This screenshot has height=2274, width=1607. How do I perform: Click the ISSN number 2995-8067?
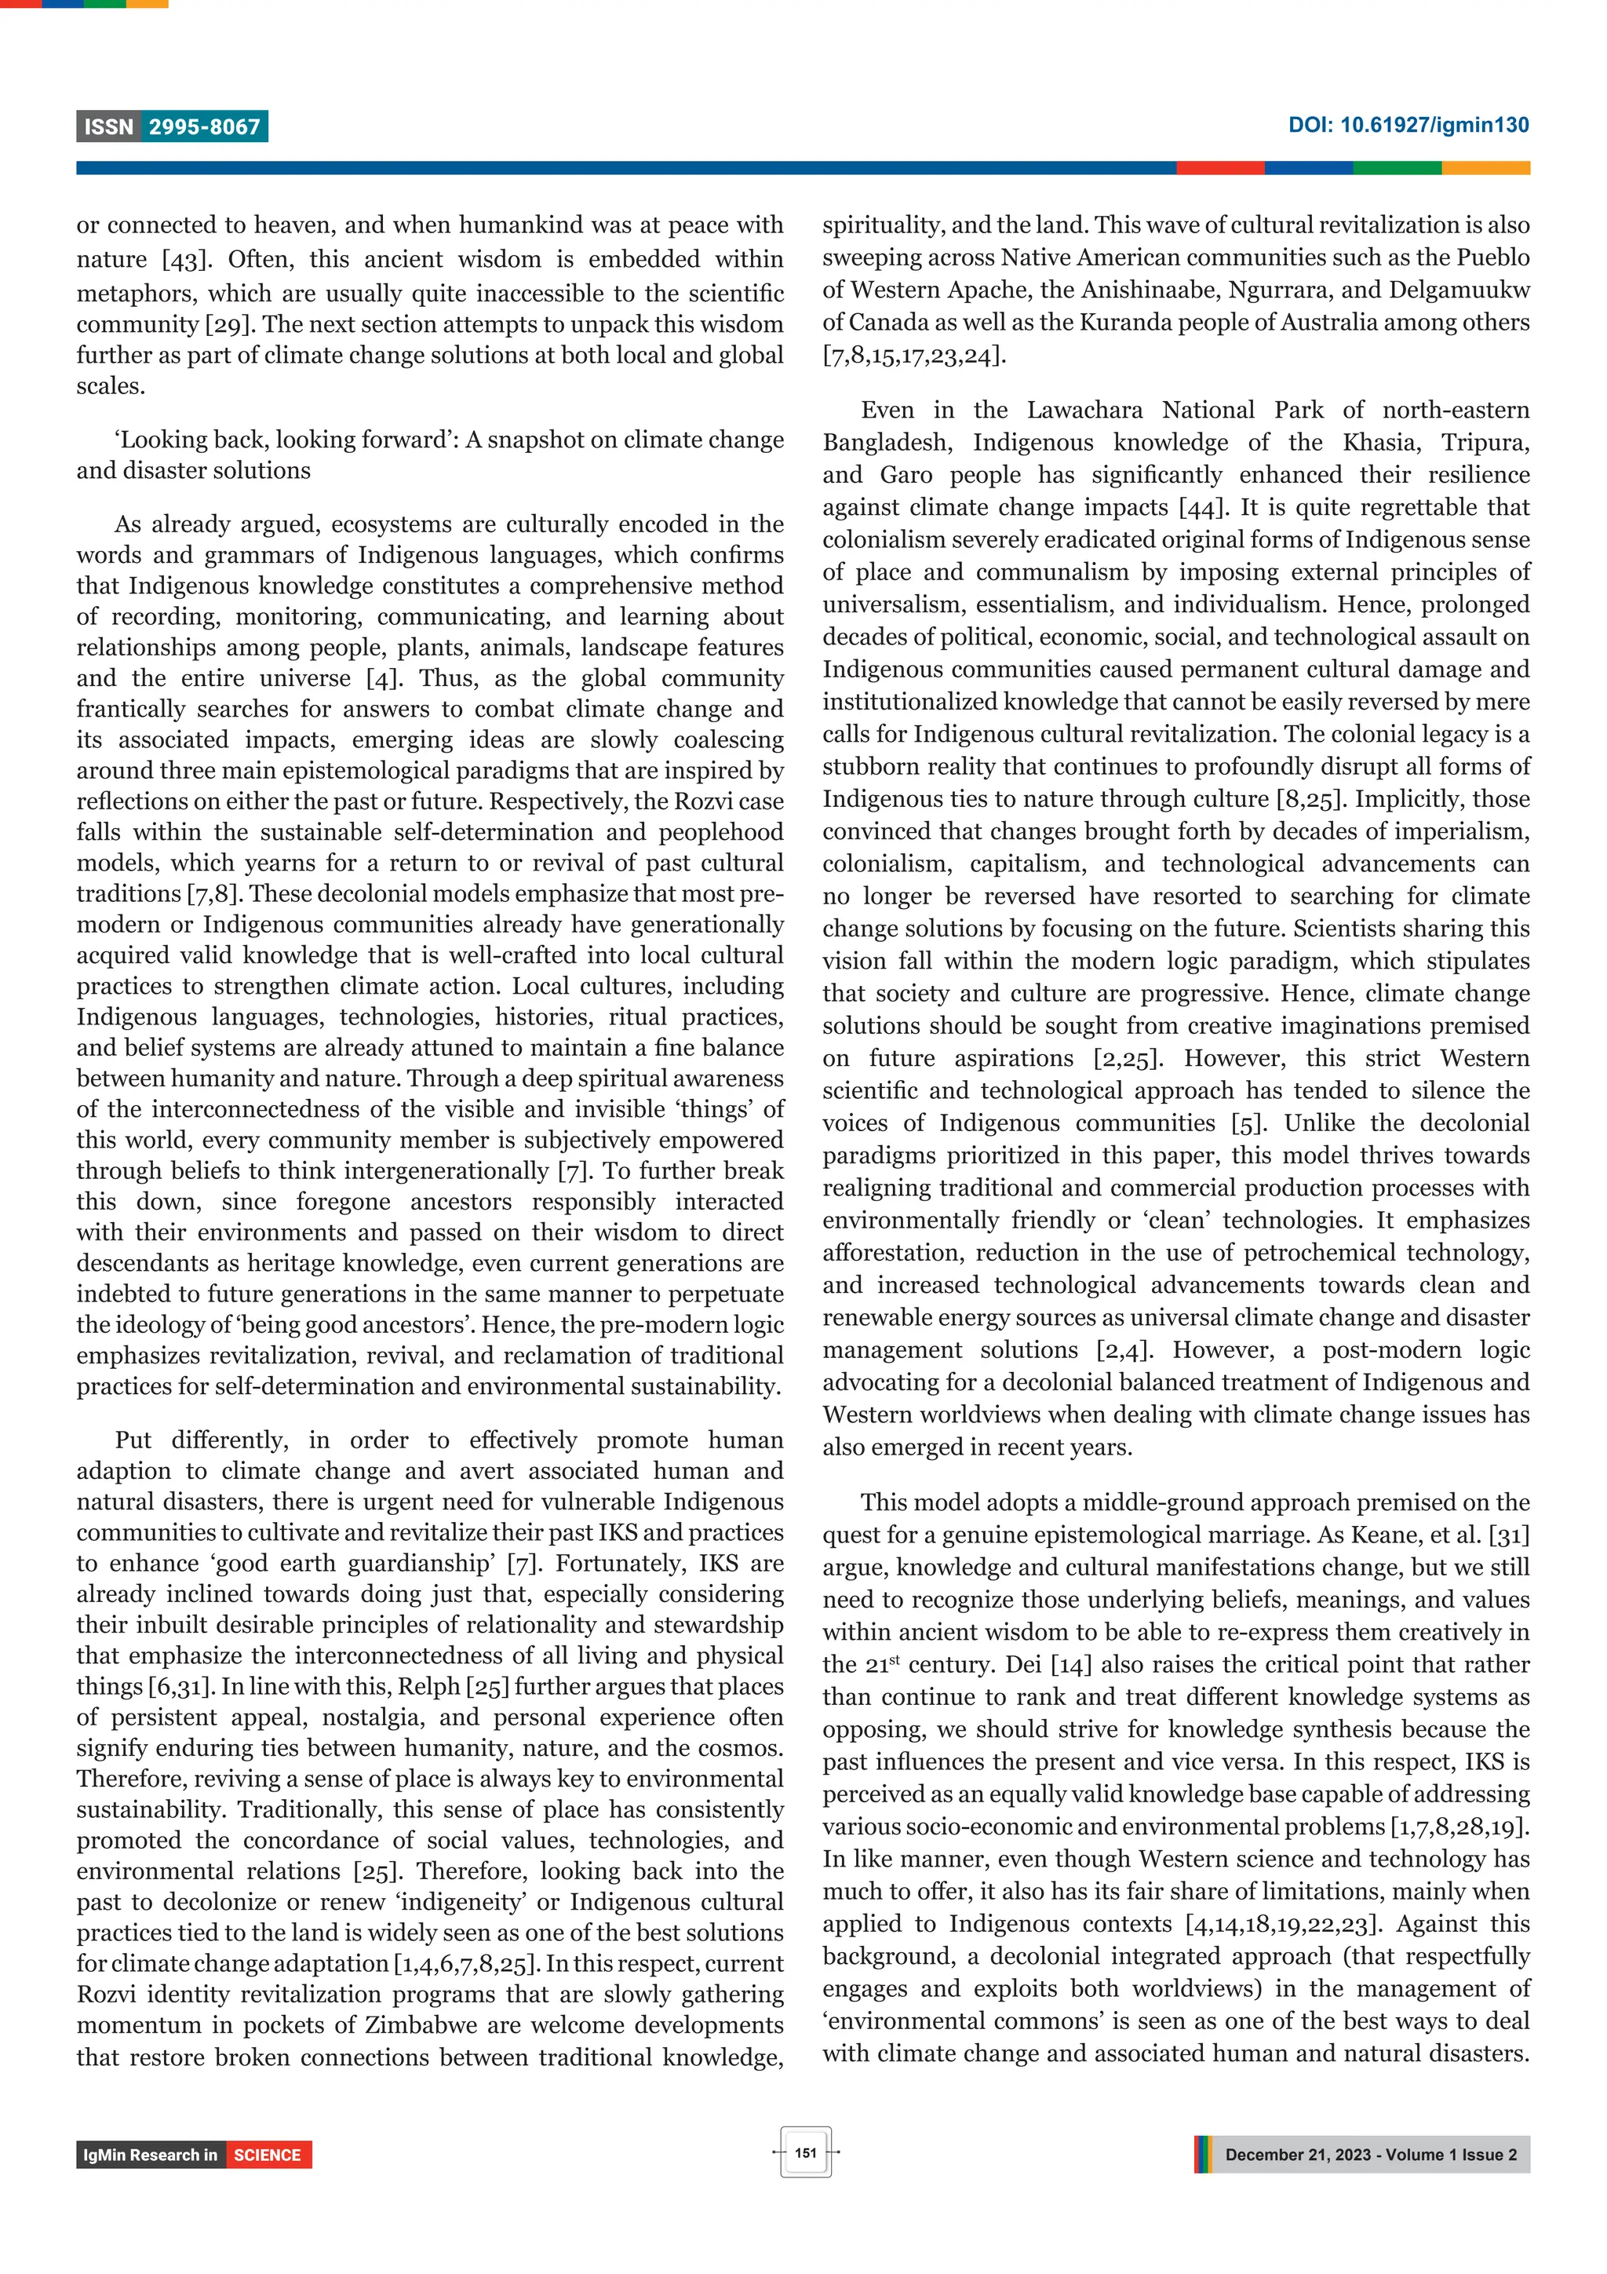204,127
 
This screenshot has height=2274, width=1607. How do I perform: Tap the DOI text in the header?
1407,125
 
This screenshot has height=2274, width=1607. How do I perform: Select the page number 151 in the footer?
805,2152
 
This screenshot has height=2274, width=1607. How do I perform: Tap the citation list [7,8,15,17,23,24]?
913,356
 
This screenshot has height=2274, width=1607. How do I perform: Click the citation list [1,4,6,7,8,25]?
465,1964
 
